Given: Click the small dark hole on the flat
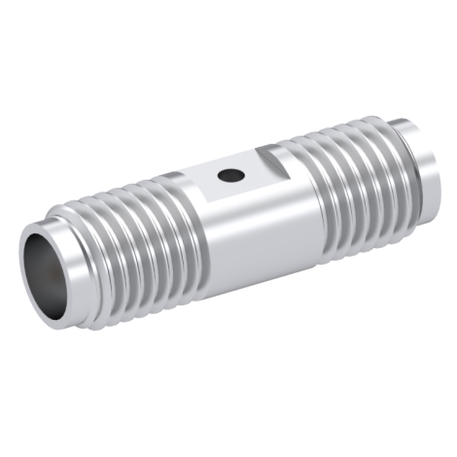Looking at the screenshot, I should (230, 176).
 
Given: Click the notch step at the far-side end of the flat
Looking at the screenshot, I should (277, 153).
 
